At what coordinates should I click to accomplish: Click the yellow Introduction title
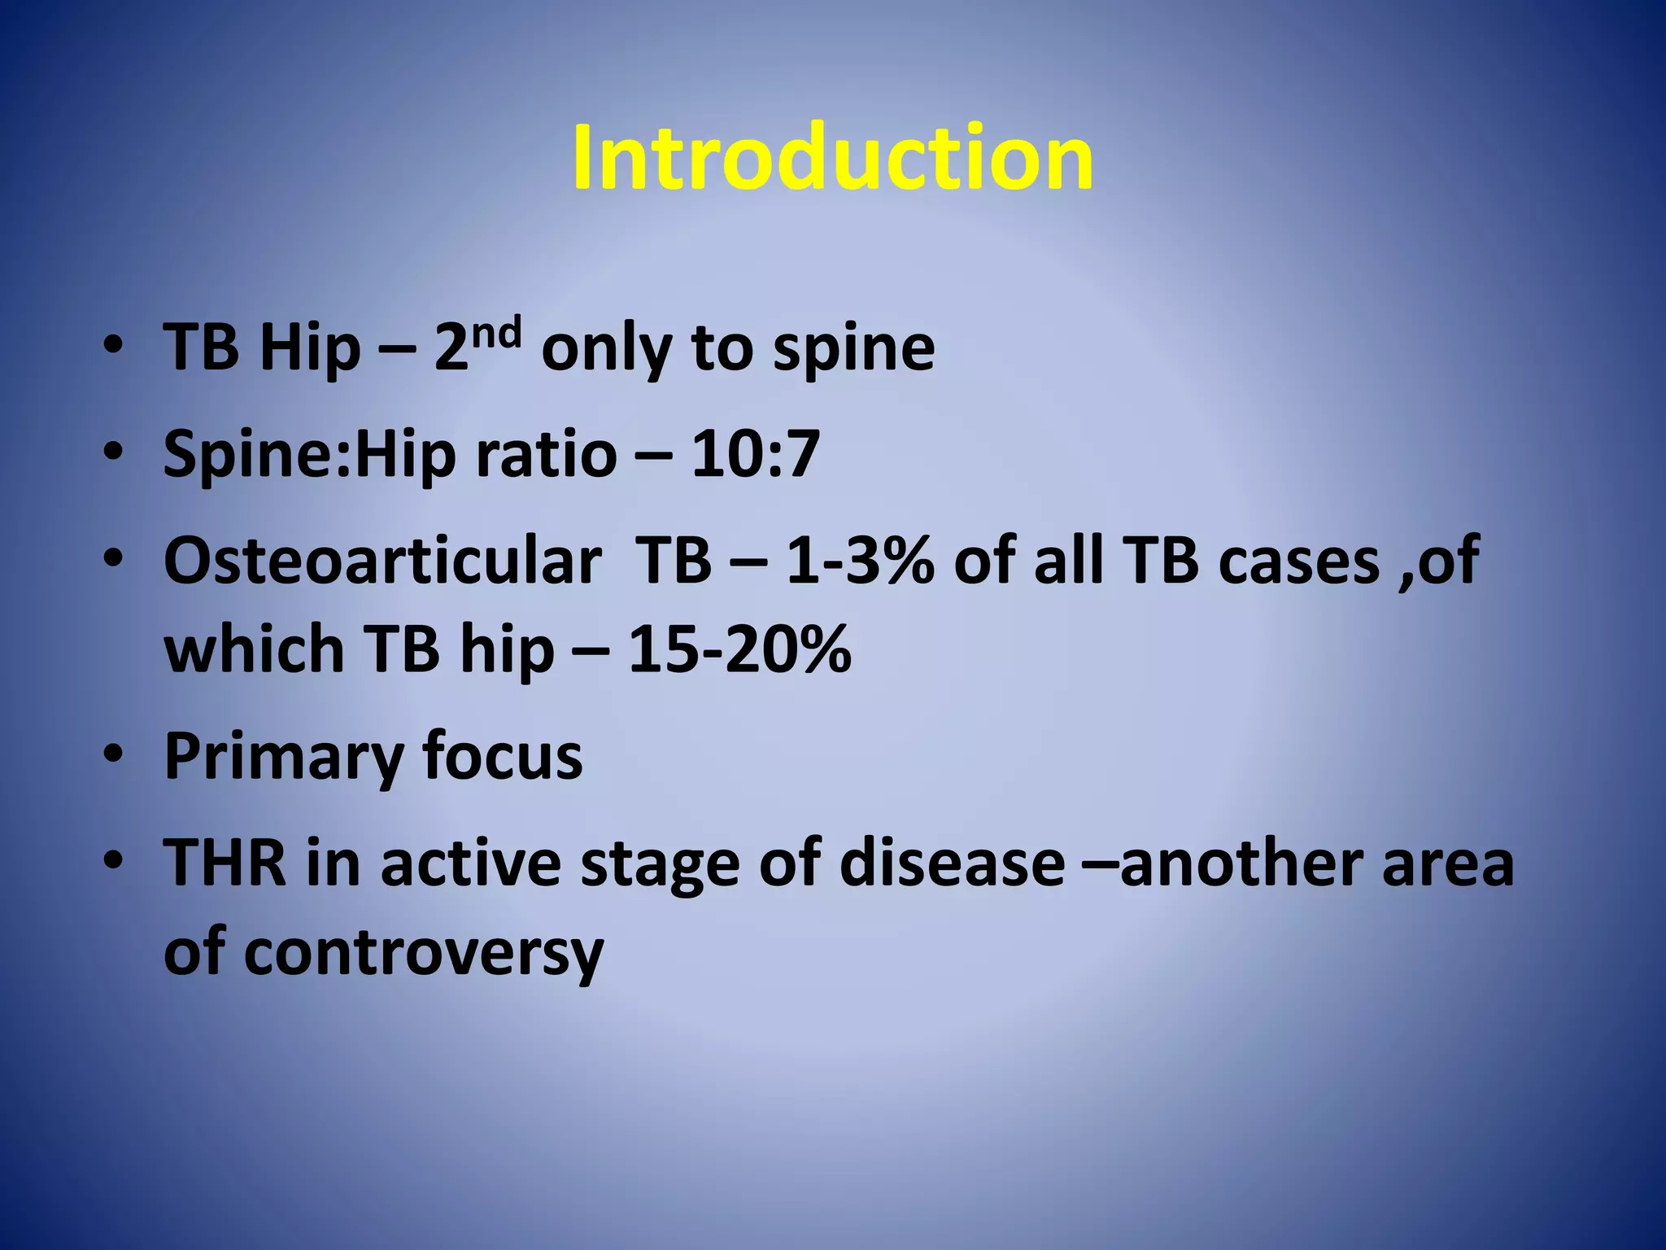pos(832,158)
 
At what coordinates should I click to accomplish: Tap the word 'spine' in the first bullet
pos(853,348)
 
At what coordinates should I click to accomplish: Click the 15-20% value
pos(739,649)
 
